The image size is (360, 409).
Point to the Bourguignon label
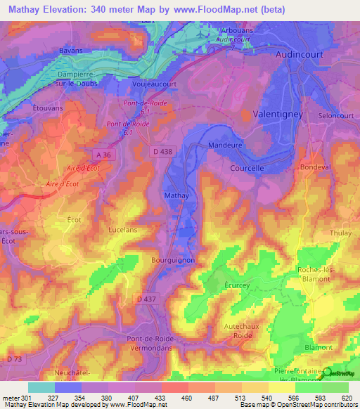pyautogui.click(x=172, y=259)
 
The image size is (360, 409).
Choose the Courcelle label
pyautogui.click(x=247, y=169)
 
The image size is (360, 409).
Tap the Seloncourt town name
pyautogui.click(x=335, y=115)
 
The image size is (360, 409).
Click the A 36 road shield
pyautogui.click(x=103, y=155)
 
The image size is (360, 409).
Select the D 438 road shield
pyautogui.click(x=161, y=151)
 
